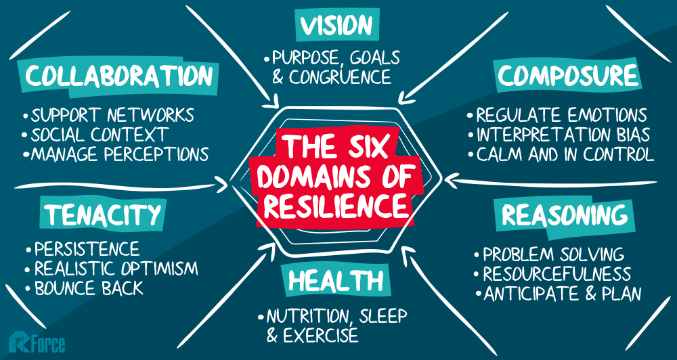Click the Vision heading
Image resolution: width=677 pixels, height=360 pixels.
pyautogui.click(x=336, y=26)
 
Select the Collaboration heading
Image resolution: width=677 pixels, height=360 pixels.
pyautogui.click(x=118, y=76)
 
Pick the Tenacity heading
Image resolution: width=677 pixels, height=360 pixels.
pyautogui.click(x=102, y=214)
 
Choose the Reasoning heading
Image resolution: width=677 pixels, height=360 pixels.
pyautogui.click(x=565, y=215)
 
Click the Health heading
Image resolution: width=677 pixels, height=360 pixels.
pyautogui.click(x=336, y=281)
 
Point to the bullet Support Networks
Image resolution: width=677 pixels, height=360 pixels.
pyautogui.click(x=109, y=115)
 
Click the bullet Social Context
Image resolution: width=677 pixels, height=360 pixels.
pyautogui.click(x=95, y=135)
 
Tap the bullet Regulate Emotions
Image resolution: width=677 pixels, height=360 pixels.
pyautogui.click(x=557, y=115)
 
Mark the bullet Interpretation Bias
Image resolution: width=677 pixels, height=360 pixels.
pyautogui.click(x=559, y=135)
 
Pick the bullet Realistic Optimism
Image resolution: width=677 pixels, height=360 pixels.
pyautogui.click(x=112, y=269)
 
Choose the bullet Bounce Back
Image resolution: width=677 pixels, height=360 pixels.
pyautogui.click(x=85, y=288)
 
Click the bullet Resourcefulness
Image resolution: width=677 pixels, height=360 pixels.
pyautogui.click(x=552, y=274)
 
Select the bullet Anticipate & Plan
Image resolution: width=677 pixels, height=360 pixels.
pyautogui.click(x=559, y=294)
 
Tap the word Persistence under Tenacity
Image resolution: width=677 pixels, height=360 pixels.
pyautogui.click(x=87, y=249)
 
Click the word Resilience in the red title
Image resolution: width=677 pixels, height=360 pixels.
pyautogui.click(x=336, y=206)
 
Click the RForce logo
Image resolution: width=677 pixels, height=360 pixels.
pyautogui.click(x=37, y=342)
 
